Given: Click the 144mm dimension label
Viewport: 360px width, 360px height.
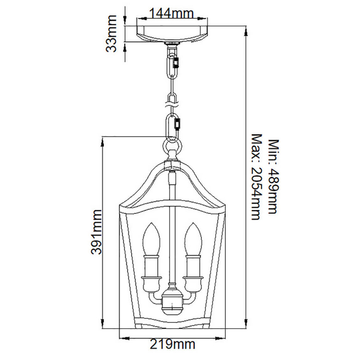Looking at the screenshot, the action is (x=171, y=13).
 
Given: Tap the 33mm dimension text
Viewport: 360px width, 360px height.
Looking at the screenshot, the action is (x=112, y=34).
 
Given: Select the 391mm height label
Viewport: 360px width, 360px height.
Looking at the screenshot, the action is (x=96, y=232).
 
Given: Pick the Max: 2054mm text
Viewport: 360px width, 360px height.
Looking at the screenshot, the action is (x=257, y=177).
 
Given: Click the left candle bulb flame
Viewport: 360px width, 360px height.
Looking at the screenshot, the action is (x=151, y=239).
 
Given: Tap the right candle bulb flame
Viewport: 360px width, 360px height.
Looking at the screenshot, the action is (x=193, y=239).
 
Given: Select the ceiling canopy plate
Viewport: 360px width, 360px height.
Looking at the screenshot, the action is (x=172, y=34).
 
